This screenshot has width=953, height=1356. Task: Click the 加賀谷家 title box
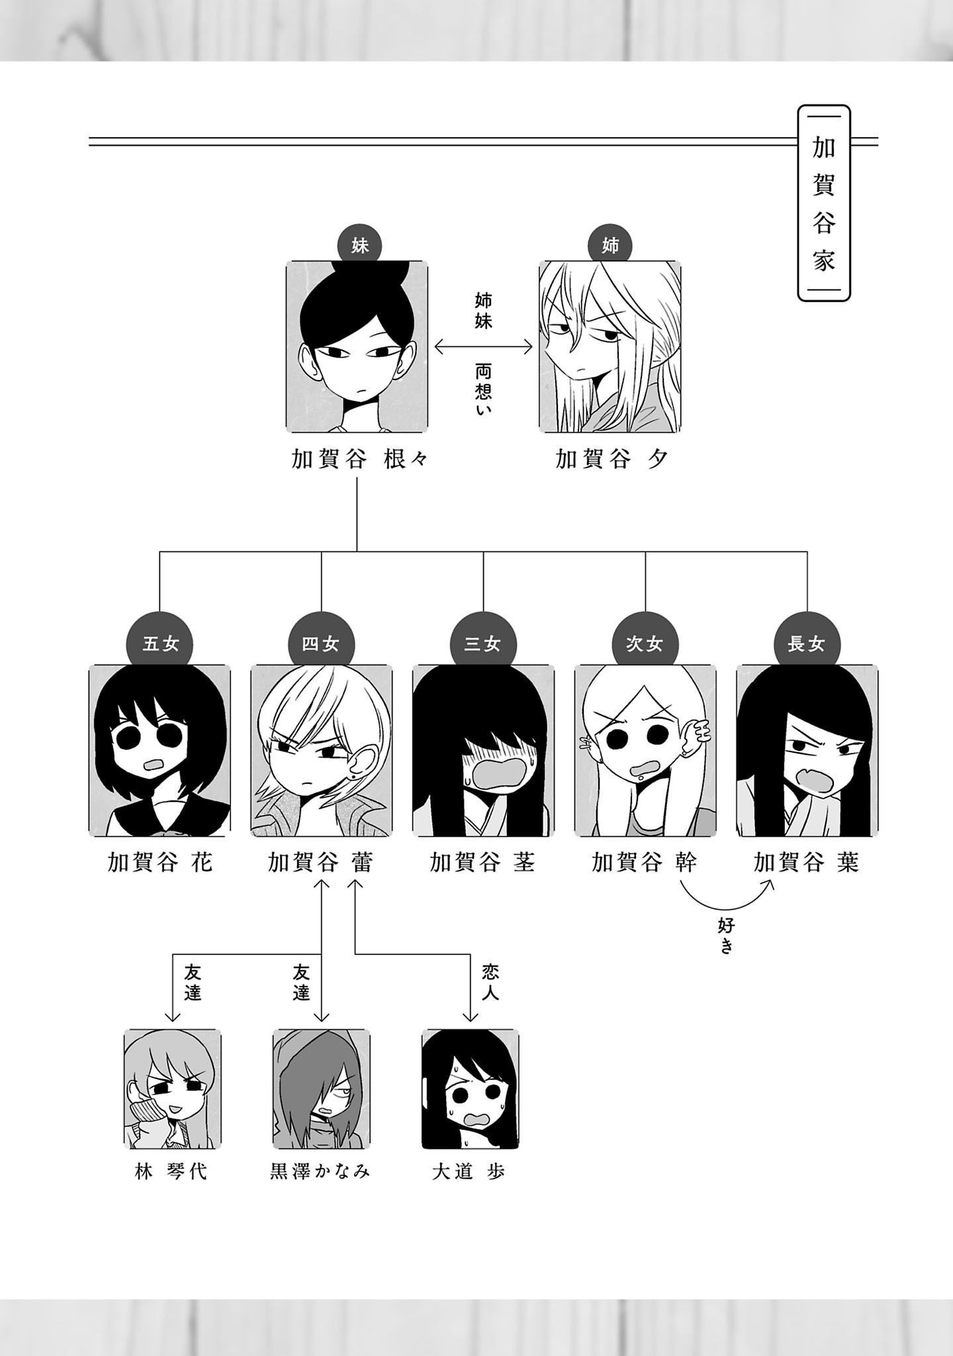point(823,203)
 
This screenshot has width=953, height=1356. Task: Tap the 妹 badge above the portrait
point(359,246)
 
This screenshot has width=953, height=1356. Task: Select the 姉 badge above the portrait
point(610,246)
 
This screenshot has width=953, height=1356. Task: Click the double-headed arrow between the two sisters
point(483,346)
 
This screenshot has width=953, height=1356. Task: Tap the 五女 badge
point(160,644)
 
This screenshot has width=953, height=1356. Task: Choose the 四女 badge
point(321,644)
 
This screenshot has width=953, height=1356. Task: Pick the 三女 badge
point(482,644)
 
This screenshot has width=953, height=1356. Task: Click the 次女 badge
point(645,644)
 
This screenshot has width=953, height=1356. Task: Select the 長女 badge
point(806,644)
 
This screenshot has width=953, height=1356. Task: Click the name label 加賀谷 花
point(160,863)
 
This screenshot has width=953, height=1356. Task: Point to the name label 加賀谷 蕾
point(321,863)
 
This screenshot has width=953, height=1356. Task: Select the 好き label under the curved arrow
point(726,936)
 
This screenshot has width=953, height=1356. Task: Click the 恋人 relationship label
point(490,982)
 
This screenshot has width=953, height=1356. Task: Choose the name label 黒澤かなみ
point(321,1171)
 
